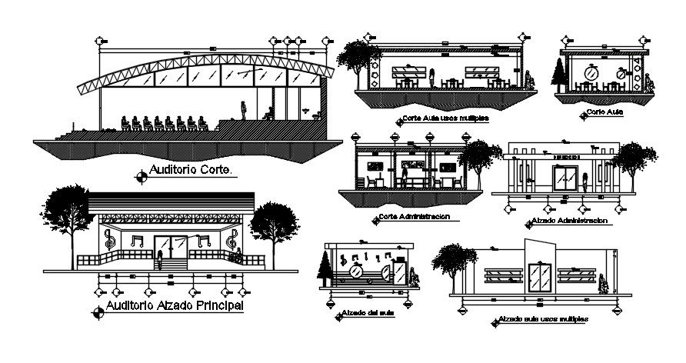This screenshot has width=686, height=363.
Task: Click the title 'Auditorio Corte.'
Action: tap(191, 170)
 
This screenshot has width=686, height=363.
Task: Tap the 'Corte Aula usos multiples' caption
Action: tap(445, 119)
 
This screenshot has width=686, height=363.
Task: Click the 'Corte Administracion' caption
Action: tap(413, 217)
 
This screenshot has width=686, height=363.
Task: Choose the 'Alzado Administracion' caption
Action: tap(569, 221)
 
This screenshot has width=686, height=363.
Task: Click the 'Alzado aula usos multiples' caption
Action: tap(542, 318)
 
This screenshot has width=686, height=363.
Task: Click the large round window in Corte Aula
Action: tap(591, 72)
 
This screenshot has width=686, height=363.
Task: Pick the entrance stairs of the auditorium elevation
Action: tap(171, 263)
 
